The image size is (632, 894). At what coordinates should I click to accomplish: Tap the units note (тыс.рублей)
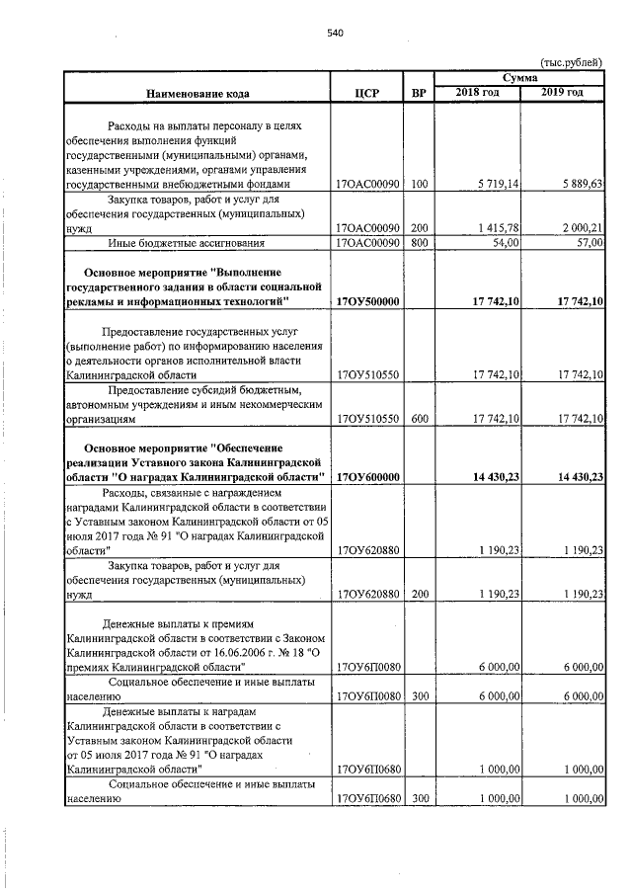point(570,62)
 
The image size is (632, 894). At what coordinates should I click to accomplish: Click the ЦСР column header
point(367,94)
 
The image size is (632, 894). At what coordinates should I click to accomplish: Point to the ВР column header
point(419,94)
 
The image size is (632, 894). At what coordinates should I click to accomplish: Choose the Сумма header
point(519,77)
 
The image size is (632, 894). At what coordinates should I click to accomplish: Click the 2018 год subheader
point(478,93)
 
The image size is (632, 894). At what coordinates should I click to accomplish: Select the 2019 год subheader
point(563,93)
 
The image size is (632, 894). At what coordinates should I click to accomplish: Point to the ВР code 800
point(419,242)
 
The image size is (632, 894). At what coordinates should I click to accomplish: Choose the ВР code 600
point(419,419)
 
